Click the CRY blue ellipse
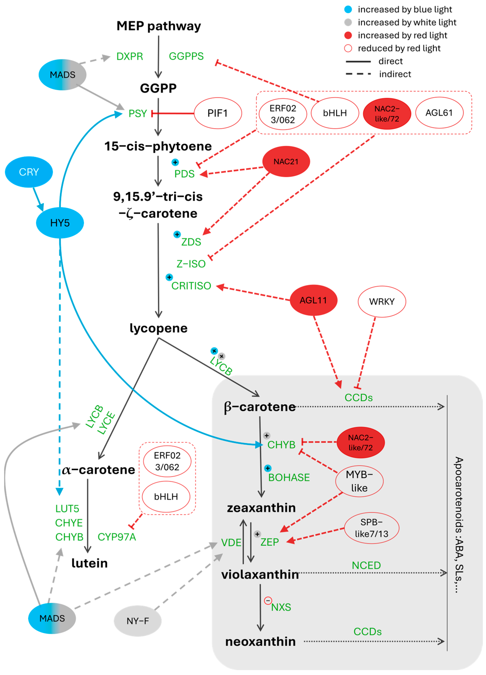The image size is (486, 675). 29,172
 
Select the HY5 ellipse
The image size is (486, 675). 60,223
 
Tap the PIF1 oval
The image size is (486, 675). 218,113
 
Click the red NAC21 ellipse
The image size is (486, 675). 286,162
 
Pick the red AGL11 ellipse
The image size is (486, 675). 314,300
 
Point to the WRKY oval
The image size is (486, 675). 382,301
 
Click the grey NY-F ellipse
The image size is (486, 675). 138,621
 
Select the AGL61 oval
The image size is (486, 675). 439,113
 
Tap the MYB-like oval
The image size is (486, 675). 359,481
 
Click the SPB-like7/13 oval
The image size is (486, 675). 372,528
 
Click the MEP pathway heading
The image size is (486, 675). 159,26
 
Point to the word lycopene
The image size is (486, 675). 159,328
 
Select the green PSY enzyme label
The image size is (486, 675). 138,113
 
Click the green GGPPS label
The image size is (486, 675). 186,56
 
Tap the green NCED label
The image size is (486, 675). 366,565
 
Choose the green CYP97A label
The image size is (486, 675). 117,537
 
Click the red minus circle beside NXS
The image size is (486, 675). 268,601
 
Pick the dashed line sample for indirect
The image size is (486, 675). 358,74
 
